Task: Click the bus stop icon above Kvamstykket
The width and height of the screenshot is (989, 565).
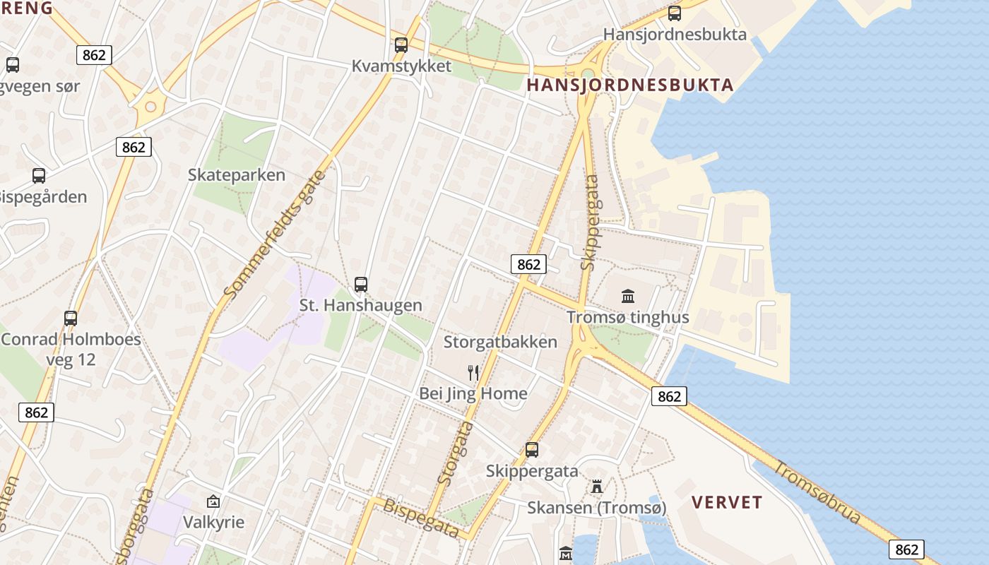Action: click(x=401, y=44)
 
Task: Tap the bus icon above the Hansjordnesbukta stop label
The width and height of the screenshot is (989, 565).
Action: click(x=675, y=13)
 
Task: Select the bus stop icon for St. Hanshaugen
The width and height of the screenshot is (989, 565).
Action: click(x=361, y=285)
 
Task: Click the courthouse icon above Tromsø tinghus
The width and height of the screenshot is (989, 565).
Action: click(x=628, y=296)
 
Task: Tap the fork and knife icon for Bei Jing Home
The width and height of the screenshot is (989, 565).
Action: click(x=473, y=373)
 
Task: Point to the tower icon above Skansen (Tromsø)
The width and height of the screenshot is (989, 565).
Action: click(x=597, y=487)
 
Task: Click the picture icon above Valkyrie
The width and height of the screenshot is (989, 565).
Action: click(x=213, y=502)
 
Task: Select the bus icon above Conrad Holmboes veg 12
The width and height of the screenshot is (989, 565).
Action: click(x=71, y=318)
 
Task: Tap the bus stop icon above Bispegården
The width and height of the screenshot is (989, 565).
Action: click(x=39, y=176)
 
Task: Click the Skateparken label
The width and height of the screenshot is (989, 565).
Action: click(x=237, y=175)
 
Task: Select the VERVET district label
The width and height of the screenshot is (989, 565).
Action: click(x=727, y=503)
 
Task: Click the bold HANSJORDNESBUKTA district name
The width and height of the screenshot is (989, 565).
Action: click(x=630, y=85)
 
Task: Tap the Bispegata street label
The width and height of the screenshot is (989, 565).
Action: click(x=420, y=517)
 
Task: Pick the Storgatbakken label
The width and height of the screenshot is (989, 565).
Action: click(x=500, y=343)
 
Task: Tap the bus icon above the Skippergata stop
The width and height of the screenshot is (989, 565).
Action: click(x=532, y=450)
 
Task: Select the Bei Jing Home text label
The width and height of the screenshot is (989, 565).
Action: click(x=473, y=393)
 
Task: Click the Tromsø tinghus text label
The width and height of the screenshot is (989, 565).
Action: click(x=628, y=317)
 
